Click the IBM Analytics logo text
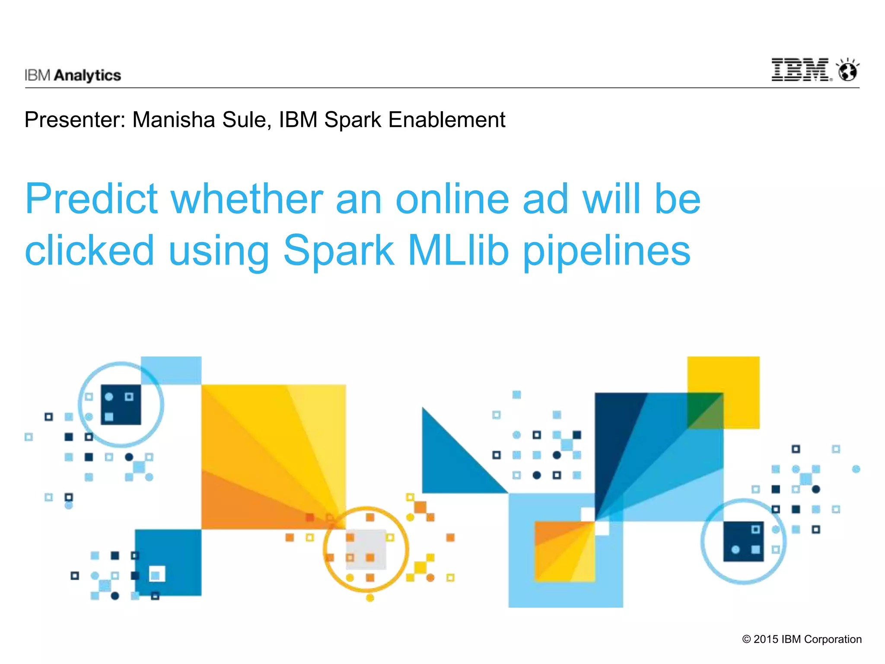(73, 75)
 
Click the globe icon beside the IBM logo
(848, 71)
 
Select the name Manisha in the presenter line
(173, 120)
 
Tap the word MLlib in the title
(458, 250)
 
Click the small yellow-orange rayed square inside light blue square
(564, 551)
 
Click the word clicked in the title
(89, 250)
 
